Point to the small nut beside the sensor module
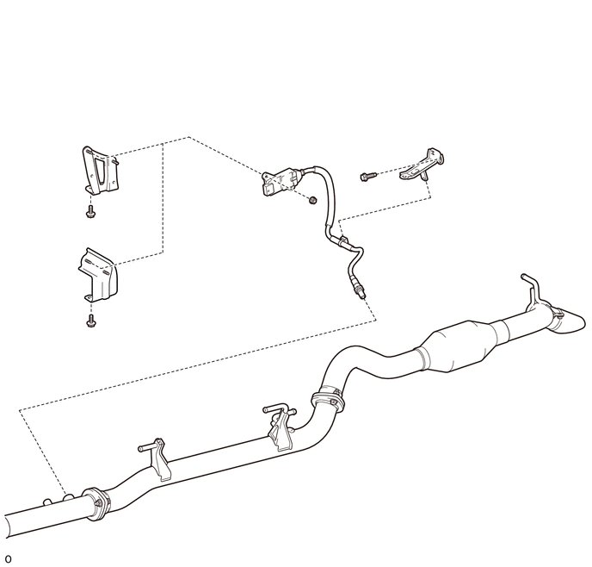tap(311, 201)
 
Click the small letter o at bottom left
tap(8, 558)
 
